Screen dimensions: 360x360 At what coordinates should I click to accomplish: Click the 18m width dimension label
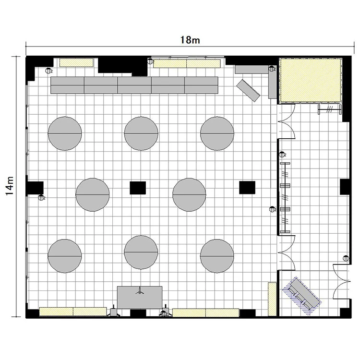tap(190, 40)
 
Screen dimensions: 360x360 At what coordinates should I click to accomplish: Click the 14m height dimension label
tap(10, 186)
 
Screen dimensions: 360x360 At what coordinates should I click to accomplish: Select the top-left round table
tap(65, 133)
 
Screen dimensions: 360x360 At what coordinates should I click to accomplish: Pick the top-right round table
tap(217, 133)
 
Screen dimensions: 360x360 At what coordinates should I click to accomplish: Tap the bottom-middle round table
tap(141, 252)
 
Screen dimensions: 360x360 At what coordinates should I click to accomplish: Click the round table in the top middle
tap(141, 133)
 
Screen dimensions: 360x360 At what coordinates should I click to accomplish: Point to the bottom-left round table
tap(65, 256)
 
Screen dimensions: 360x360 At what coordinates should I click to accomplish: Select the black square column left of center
tap(138, 188)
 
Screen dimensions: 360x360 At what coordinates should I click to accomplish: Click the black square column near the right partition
tap(247, 187)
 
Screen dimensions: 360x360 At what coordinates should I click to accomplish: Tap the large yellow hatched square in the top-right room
tap(310, 80)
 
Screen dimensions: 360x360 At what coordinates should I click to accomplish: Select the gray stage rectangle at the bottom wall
tap(140, 297)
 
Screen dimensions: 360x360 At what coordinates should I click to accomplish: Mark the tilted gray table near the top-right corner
tap(248, 90)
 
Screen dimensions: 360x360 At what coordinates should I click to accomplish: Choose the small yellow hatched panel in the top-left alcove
tap(76, 63)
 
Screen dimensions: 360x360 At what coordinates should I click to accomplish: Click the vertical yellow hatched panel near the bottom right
tap(272, 299)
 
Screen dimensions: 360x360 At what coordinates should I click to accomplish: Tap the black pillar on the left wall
tap(35, 188)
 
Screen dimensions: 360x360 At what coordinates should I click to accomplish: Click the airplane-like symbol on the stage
tap(140, 291)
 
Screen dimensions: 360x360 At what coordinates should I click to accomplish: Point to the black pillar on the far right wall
tap(345, 187)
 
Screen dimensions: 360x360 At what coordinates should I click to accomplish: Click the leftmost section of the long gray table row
tap(67, 85)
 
